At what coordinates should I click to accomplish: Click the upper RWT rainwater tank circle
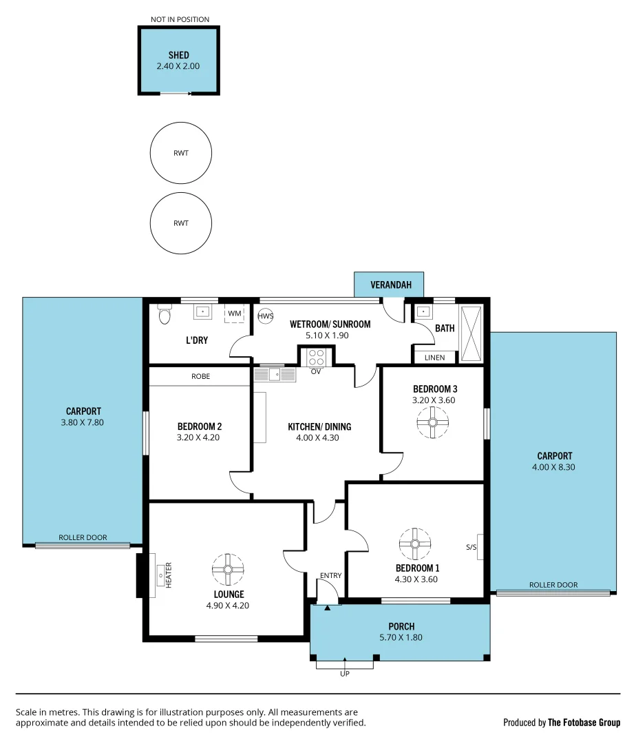[x=181, y=153]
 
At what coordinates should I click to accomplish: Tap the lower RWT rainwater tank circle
[x=181, y=223]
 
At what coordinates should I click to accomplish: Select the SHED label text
[x=178, y=55]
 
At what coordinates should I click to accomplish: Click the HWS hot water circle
[x=266, y=316]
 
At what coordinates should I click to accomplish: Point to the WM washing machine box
[x=235, y=313]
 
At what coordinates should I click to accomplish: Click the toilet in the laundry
[x=164, y=314]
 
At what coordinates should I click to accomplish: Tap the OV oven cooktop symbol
[x=317, y=358]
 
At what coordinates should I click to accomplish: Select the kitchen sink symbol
[x=275, y=374]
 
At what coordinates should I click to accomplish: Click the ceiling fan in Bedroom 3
[x=434, y=423]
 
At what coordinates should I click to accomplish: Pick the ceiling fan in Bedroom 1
[x=415, y=544]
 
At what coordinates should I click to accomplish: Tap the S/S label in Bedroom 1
[x=471, y=547]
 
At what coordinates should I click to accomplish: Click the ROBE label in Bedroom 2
[x=201, y=377]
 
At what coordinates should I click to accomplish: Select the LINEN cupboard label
[x=434, y=358]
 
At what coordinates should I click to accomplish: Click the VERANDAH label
[x=389, y=285]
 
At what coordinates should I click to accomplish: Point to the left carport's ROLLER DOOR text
[x=83, y=537]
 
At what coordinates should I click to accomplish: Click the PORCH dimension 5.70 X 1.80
[x=401, y=637]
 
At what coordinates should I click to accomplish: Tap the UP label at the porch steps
[x=345, y=673]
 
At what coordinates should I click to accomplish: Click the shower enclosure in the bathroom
[x=472, y=333]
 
